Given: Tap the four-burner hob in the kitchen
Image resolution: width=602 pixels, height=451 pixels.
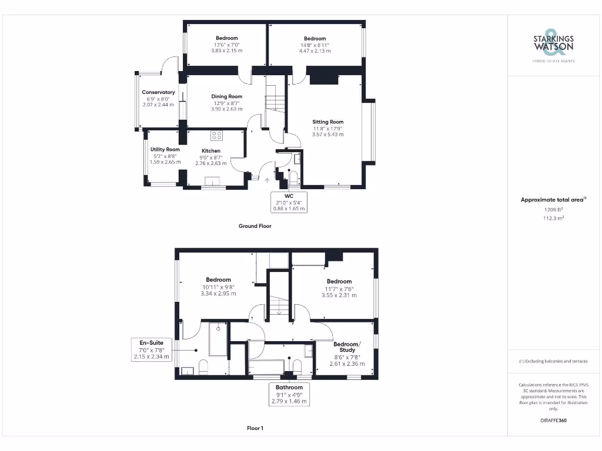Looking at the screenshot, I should (216, 136).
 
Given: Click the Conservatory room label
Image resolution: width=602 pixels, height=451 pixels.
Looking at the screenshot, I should (158, 92).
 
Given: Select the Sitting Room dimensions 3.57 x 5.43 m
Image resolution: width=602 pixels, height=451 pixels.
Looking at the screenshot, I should (328, 134).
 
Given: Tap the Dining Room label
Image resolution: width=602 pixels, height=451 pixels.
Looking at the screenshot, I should (226, 96).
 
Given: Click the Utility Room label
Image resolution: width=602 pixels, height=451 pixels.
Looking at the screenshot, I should (165, 150).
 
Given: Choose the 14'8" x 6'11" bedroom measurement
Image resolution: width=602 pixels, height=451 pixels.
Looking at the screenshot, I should (315, 45).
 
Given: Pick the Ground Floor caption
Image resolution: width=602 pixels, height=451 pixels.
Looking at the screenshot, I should (255, 225).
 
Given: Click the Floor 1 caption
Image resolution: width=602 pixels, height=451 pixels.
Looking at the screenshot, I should (255, 428).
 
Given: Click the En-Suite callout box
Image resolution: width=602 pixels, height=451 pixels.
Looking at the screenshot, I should (152, 349).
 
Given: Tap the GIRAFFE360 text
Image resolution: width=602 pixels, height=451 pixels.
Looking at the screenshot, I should (553, 420).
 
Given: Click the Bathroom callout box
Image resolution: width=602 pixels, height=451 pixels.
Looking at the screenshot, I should (289, 394).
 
